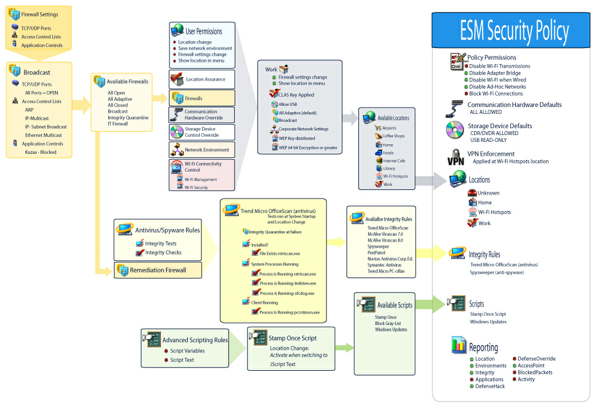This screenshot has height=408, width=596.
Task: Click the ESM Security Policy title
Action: (x=514, y=31)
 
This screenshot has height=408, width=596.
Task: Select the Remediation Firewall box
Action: (x=158, y=270)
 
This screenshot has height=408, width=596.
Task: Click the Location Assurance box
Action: (x=202, y=80)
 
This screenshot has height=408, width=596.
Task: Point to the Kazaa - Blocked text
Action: (x=41, y=152)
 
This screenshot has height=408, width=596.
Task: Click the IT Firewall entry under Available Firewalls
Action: (x=117, y=124)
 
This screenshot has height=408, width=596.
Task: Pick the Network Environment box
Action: (x=202, y=150)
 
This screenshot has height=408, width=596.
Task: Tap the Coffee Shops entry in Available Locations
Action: (x=393, y=136)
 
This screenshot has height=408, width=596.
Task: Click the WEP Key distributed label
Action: (x=297, y=138)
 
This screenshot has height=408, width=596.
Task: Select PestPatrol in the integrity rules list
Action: (x=376, y=252)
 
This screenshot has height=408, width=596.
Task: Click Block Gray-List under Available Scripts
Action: (x=388, y=323)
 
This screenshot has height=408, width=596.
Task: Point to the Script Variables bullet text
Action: (x=187, y=351)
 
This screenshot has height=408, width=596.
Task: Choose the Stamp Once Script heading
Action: (x=293, y=338)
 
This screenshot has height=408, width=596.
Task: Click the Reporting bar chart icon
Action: (x=459, y=344)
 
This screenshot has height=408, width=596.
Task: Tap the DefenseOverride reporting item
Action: (x=536, y=359)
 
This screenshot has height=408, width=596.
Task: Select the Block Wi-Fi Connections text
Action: (x=496, y=94)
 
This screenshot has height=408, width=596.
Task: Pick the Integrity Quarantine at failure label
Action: (x=275, y=232)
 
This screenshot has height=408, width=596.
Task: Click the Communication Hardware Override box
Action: (x=202, y=114)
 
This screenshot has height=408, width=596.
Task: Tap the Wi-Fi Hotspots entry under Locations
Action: (x=494, y=212)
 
